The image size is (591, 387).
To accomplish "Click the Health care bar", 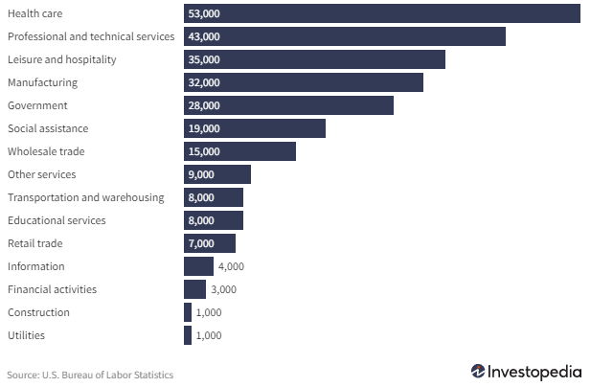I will tap(383, 13).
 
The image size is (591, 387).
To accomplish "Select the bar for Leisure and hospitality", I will tap(316, 59).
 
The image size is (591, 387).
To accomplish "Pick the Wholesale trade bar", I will tap(240, 151).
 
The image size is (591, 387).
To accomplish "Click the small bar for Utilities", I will tap(188, 335).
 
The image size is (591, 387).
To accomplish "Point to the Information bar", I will tap(198, 266).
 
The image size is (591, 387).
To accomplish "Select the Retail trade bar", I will tap(210, 243).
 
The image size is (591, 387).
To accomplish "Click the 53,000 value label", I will tap(204, 13).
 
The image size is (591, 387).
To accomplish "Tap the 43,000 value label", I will tap(204, 36).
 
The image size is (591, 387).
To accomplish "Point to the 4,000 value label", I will tap(231, 266).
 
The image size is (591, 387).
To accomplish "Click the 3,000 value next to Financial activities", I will tap(223, 289).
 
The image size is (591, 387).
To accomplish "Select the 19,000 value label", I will tap(204, 128).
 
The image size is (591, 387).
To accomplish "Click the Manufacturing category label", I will tap(42, 82).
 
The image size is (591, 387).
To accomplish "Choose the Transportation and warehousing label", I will tap(85, 197).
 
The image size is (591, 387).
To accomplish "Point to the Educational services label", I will tap(57, 220).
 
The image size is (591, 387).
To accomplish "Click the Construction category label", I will tap(38, 312).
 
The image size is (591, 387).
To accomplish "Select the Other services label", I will tap(41, 174).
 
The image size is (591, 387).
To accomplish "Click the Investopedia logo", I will tap(527, 372).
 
